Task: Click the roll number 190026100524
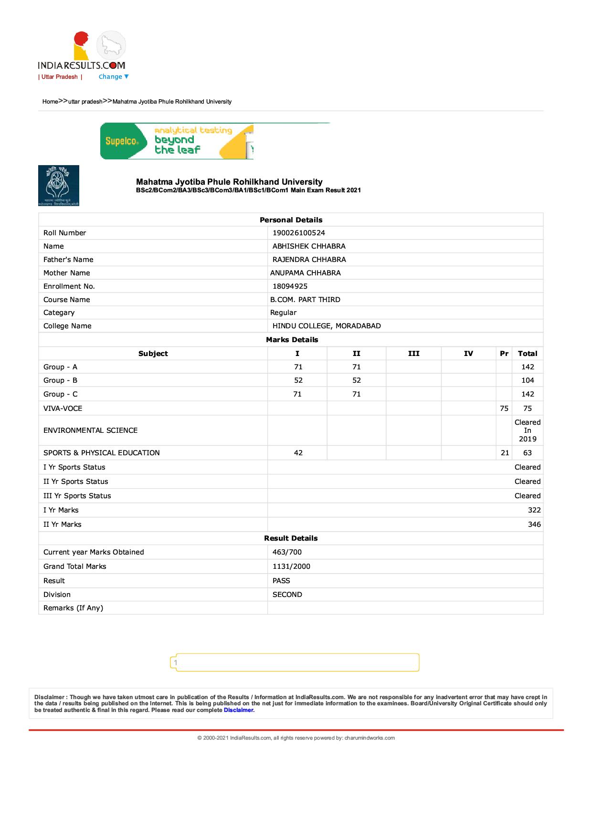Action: pos(298,233)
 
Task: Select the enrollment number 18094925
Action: pos(290,286)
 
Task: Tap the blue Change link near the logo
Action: pos(113,76)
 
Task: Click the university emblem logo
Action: pos(59,186)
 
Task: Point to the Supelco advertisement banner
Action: pos(177,141)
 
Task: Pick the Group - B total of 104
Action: pos(528,380)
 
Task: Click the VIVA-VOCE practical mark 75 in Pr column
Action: pos(504,408)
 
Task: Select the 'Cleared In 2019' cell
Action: pos(528,430)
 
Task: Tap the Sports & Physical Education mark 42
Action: pos(298,453)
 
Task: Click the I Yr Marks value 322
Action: pos(534,510)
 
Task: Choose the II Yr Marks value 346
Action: pos(534,524)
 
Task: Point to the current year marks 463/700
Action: pos(287,552)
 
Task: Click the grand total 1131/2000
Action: pos(291,566)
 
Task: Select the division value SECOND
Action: pos(287,595)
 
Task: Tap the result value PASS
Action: pos(281,581)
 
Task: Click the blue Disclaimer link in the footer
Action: pos(239,710)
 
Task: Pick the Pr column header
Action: pos(504,354)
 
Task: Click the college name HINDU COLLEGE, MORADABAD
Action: pos(327,326)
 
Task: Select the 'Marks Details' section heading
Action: pos(292,340)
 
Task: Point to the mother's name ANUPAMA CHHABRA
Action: pos(306,273)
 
